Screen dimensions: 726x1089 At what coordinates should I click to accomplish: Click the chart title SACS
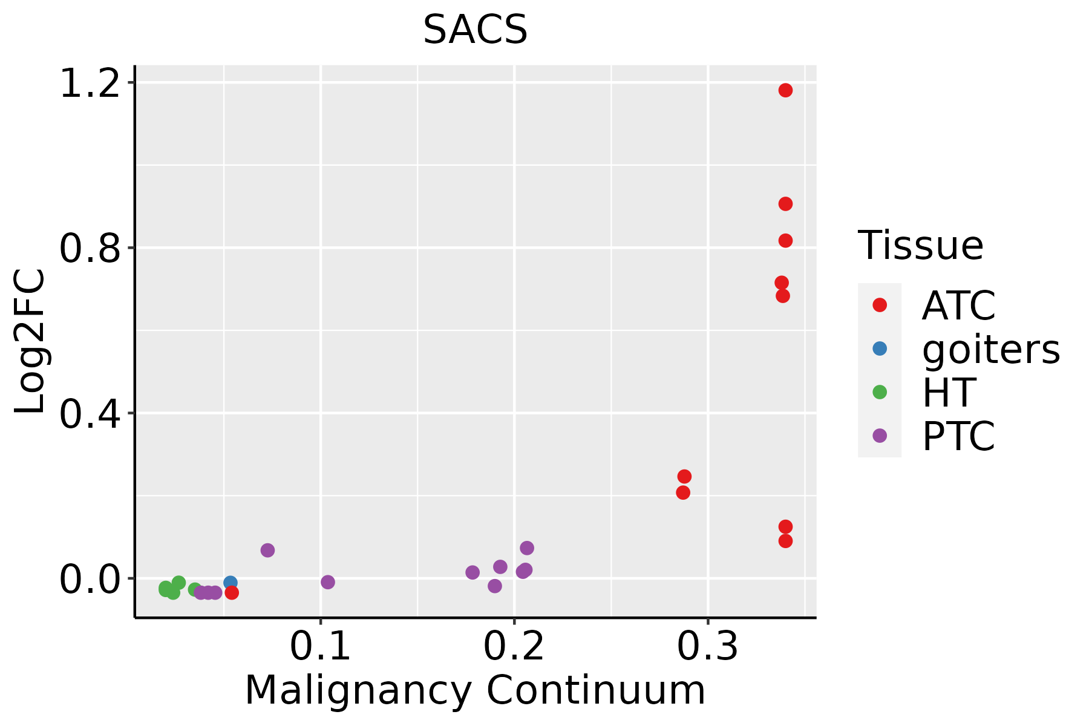pyautogui.click(x=475, y=30)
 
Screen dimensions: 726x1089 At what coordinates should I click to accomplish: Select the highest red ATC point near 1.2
pyautogui.click(x=785, y=90)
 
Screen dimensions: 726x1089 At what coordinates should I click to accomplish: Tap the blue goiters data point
pyautogui.click(x=230, y=583)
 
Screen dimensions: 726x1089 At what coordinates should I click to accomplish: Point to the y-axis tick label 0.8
pyautogui.click(x=90, y=248)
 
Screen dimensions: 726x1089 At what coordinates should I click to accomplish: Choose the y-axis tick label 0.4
pyautogui.click(x=90, y=414)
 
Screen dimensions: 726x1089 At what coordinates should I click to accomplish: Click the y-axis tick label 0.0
pyautogui.click(x=90, y=579)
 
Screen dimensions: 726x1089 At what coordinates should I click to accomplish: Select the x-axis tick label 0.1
pyautogui.click(x=320, y=647)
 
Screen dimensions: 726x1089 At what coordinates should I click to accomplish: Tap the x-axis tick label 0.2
pyautogui.click(x=514, y=647)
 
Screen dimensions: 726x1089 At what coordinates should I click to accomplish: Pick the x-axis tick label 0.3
pyautogui.click(x=707, y=647)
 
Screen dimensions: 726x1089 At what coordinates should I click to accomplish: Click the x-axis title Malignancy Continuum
pyautogui.click(x=475, y=690)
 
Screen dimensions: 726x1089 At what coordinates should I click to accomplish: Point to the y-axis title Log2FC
pyautogui.click(x=30, y=342)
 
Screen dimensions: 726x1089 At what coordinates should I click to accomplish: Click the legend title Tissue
pyautogui.click(x=920, y=246)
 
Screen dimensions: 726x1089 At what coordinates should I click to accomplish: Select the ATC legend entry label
pyautogui.click(x=958, y=306)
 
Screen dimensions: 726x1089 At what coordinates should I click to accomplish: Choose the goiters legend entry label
pyautogui.click(x=990, y=349)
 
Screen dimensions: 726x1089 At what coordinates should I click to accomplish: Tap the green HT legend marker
pyautogui.click(x=880, y=392)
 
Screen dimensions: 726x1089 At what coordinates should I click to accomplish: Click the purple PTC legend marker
pyautogui.click(x=880, y=436)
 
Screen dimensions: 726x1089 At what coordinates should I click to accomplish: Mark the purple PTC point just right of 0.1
pyautogui.click(x=327, y=582)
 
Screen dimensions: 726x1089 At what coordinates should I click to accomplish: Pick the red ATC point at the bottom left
pyautogui.click(x=231, y=592)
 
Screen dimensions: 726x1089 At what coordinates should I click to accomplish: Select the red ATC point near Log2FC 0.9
pyautogui.click(x=785, y=204)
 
